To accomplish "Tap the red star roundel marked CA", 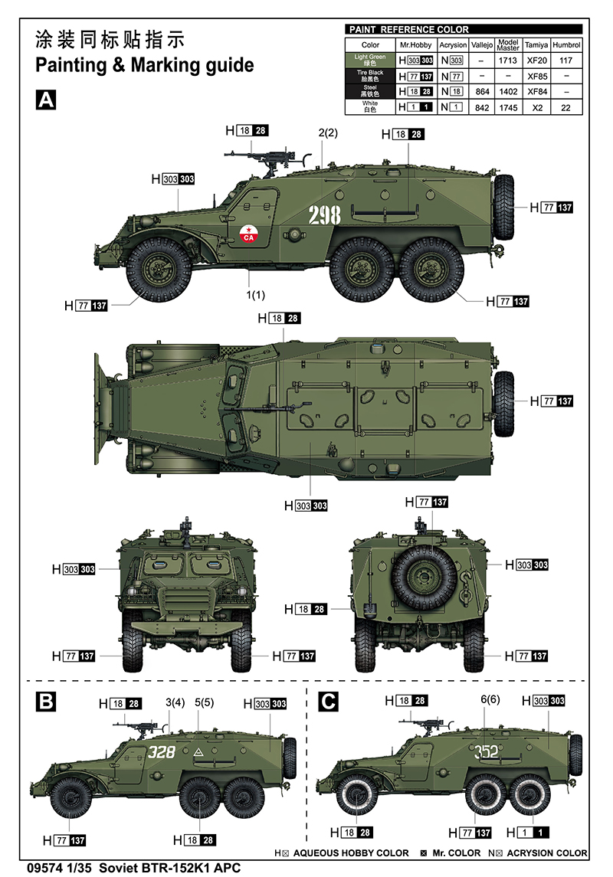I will pos(247,234).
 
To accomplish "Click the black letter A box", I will pos(46,100).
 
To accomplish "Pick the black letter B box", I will pos(46,701).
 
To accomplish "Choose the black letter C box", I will pos(328,701).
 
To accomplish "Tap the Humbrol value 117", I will pos(566,60).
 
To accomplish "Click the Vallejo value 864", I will pos(482,92).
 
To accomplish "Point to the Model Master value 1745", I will pos(509,108).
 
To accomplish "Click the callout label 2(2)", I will pos(328,133).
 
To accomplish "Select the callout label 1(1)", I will pos(255,294).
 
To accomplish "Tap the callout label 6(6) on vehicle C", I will pos(490,699).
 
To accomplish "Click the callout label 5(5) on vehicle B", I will pos(204,702).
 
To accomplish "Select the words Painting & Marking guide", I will pos(144,65).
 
